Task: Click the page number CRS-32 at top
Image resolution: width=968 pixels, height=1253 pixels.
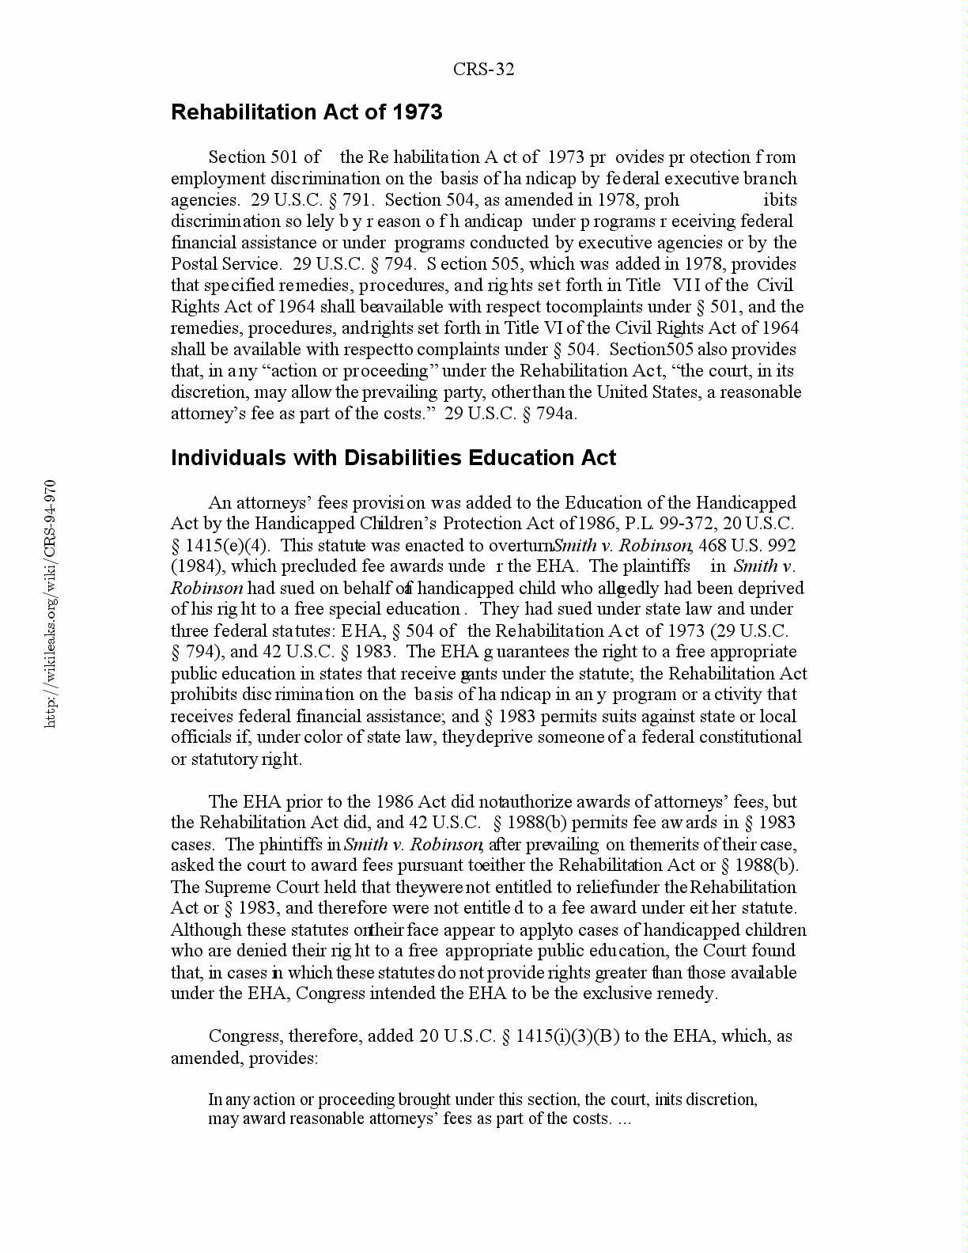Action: (483, 70)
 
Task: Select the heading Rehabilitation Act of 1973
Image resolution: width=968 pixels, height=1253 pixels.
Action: (306, 112)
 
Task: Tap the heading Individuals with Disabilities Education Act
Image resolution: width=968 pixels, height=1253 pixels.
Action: (393, 458)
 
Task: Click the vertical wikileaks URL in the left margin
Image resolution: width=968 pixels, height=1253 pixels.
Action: (51, 603)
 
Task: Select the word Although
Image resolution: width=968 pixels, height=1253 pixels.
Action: (206, 930)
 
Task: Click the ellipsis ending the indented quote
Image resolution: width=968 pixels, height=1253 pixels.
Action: (623, 1119)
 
